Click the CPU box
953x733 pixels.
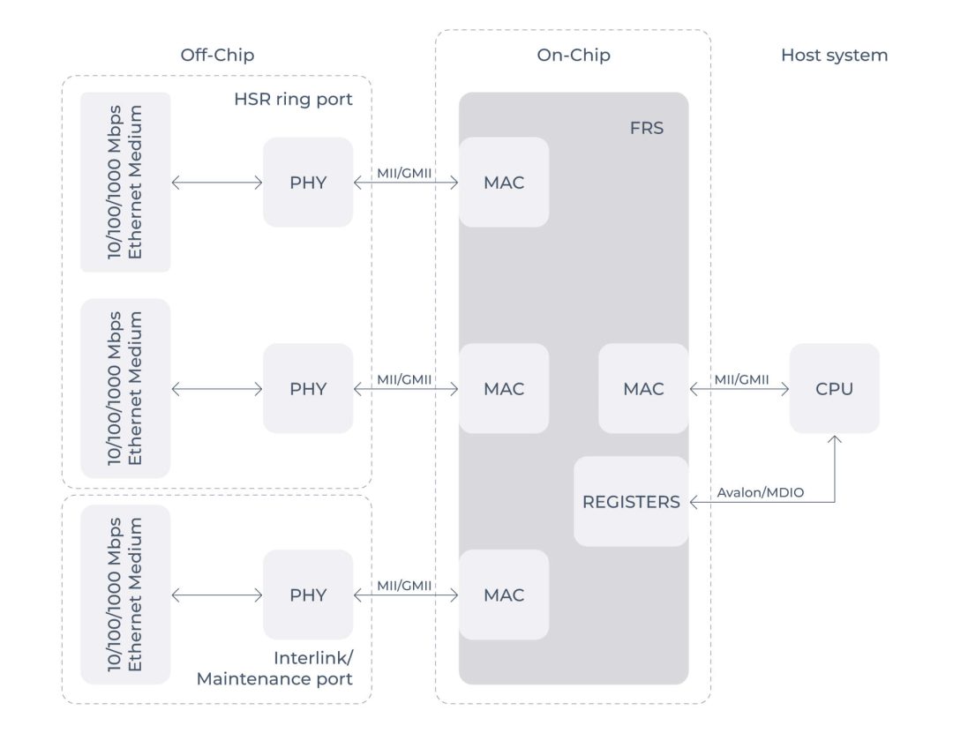834,388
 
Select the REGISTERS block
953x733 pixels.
631,501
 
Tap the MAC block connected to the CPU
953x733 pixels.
643,388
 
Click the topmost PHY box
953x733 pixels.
308,183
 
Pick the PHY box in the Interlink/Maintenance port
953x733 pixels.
308,595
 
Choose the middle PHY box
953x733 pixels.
308,388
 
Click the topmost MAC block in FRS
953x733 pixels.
504,183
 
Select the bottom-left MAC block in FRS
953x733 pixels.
504,595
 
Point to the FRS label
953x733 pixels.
648,129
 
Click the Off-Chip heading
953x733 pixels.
216,56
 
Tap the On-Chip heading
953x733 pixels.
574,56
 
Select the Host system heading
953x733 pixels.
834,56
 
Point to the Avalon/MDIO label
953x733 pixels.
760,492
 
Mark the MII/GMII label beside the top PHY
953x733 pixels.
404,174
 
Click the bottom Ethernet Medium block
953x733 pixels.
125,595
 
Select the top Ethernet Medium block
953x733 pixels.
125,183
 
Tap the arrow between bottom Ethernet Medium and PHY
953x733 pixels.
217,595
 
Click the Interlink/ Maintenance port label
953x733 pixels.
274,669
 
